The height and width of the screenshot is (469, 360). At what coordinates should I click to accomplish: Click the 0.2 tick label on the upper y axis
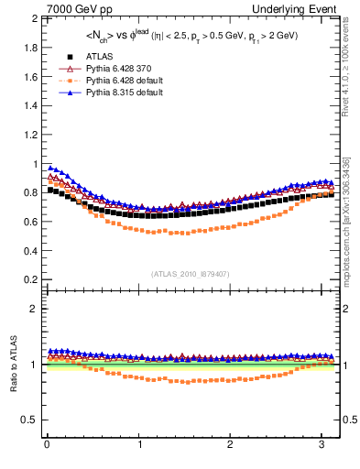click(29, 279)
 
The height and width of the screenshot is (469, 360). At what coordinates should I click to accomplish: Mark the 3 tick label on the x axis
click(322, 445)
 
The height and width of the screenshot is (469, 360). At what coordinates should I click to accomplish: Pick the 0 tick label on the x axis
click(47, 445)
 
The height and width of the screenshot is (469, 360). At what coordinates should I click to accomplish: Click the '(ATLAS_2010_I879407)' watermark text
click(190, 272)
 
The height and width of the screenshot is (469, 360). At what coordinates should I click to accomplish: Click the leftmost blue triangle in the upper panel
click(50, 168)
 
